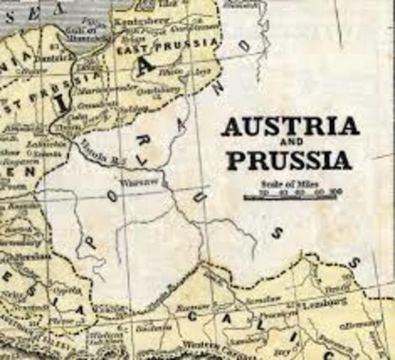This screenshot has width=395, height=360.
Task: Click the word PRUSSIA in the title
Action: pos(288,160)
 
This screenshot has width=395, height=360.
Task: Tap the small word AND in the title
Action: pos(288,144)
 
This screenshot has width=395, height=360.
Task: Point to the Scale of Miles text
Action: pos(287,182)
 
